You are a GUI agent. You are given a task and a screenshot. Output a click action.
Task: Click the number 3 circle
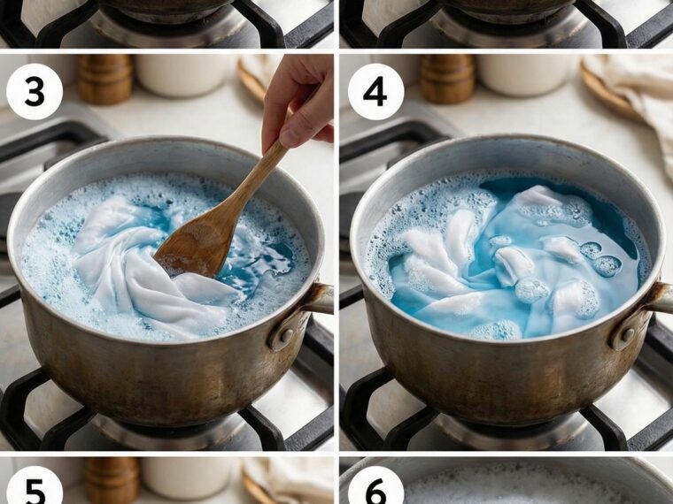(35, 91)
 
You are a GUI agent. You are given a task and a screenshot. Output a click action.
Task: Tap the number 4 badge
(375, 91)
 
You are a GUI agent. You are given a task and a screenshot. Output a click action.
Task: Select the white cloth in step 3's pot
(146, 270)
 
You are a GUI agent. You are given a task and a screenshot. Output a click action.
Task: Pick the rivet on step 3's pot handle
(286, 335)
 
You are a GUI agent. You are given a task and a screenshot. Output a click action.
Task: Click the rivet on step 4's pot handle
(628, 335)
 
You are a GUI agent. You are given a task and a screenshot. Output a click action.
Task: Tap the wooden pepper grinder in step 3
(104, 80)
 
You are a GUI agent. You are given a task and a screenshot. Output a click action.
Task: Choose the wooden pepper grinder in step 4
(446, 80)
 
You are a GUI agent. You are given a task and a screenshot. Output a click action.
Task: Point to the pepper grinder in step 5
(112, 480)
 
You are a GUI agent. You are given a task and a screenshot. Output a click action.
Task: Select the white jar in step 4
(526, 75)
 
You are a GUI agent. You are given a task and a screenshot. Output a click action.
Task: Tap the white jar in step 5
(187, 477)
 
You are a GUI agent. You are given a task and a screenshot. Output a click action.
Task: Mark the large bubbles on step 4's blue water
(601, 259)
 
